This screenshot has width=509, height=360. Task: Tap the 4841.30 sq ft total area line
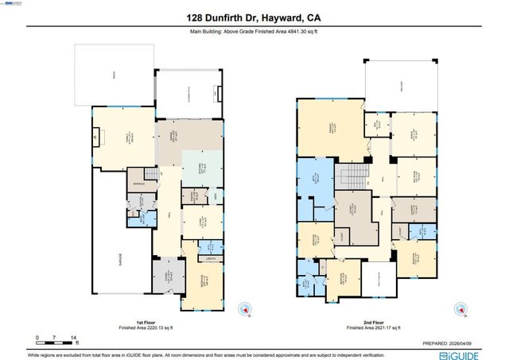pos(254,33)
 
